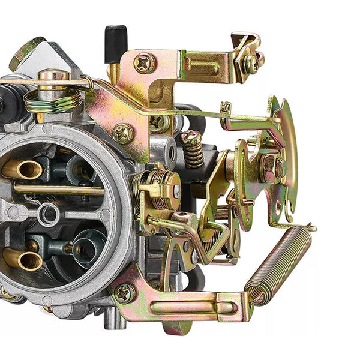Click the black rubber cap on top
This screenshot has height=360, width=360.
click(116, 43)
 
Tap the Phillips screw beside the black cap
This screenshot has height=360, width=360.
click(145, 62)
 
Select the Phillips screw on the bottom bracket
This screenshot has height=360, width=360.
click(125, 293)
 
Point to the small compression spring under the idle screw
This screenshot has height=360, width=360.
click(193, 155)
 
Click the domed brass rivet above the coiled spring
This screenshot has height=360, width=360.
click(53, 76)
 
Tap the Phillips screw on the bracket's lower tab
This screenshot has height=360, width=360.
click(124, 133)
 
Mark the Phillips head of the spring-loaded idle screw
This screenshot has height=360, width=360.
click(191, 138)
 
